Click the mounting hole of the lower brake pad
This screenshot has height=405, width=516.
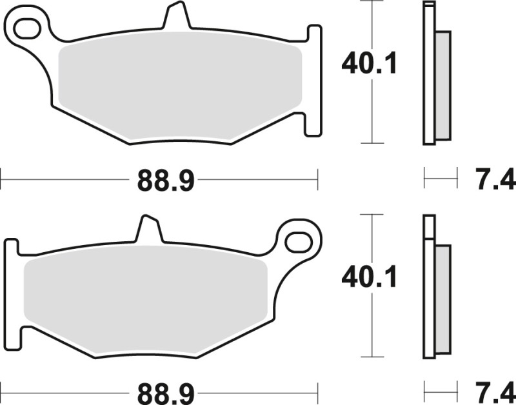tap(299, 242)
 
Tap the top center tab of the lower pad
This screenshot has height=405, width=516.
tap(148, 230)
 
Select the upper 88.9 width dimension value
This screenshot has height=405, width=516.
tap(165, 181)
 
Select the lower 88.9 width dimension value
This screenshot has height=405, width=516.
tap(165, 393)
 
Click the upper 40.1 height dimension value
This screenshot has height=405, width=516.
tap(369, 64)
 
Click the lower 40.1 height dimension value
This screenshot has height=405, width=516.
tap(369, 277)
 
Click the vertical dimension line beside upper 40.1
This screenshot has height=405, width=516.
tap(372, 116)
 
